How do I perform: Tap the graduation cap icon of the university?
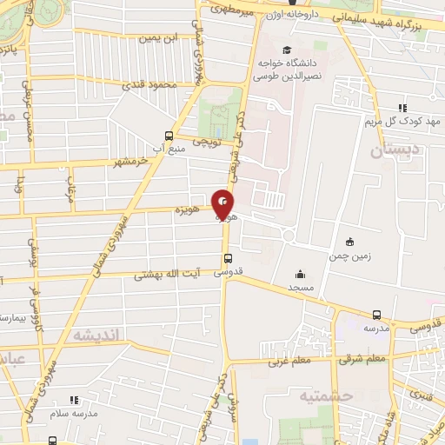[287, 50]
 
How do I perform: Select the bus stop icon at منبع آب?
[169, 136]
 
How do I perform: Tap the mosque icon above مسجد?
[300, 274]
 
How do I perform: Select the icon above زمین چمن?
[349, 242]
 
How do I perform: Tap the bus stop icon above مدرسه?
[376, 315]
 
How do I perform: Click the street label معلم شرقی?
[365, 358]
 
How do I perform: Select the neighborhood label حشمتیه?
[305, 396]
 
